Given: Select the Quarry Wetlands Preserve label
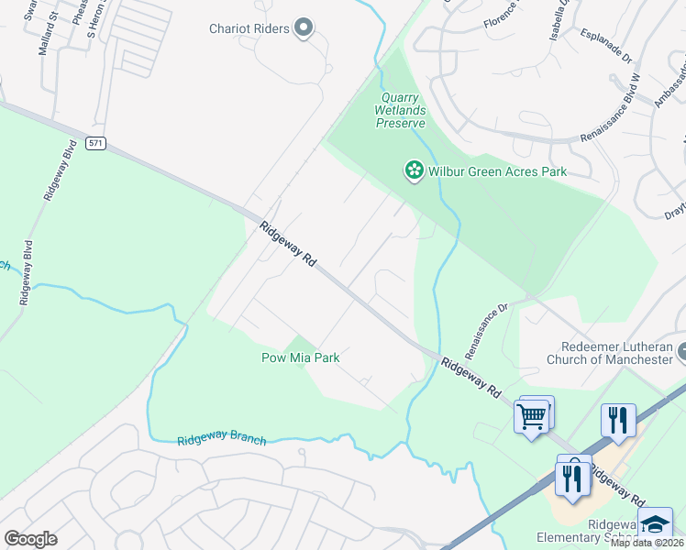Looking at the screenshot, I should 400,110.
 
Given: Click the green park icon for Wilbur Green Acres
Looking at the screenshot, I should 414,170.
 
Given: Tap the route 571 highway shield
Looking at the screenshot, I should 97,143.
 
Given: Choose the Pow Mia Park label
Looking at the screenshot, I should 301,357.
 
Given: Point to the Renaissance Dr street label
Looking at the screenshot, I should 486,331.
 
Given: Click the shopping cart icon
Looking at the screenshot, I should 532,416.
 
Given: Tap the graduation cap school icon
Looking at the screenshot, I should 656,524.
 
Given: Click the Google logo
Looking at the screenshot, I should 30,539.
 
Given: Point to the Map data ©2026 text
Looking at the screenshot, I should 647,543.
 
